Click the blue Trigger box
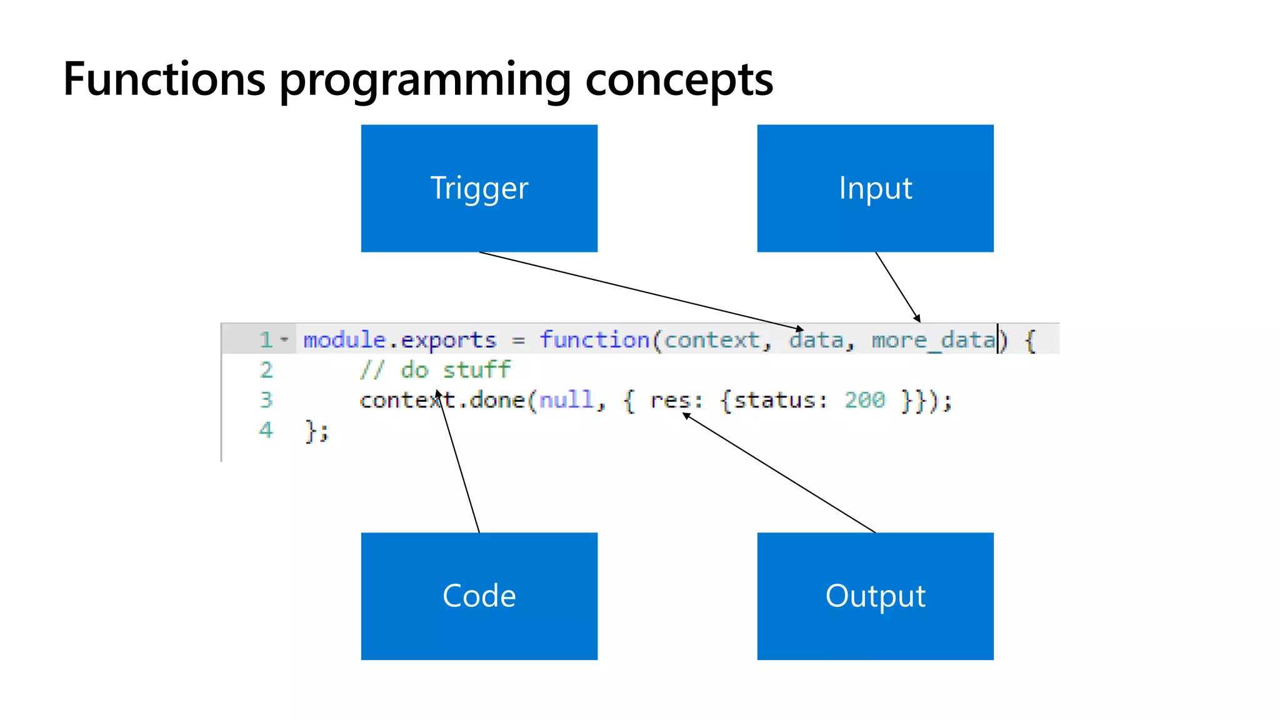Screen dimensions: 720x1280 479,188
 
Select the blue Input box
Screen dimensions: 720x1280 875,188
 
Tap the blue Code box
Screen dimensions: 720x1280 479,596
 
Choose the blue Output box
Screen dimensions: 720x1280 875,596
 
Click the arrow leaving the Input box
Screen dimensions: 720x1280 897,287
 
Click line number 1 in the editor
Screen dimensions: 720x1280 266,339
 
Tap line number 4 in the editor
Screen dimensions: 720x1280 266,430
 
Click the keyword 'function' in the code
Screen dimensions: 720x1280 594,340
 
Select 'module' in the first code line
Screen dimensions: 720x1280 344,340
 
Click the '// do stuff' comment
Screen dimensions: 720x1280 435,370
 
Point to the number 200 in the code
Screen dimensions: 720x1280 864,400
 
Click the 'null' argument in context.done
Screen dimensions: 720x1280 566,400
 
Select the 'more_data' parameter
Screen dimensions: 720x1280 933,340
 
